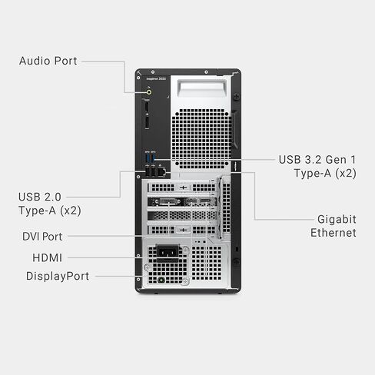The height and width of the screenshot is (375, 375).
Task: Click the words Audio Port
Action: (x=48, y=61)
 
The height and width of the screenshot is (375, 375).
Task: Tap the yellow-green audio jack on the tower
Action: (x=149, y=92)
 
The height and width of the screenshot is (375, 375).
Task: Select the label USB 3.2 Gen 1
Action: (x=317, y=160)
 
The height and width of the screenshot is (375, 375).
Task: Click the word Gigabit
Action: (x=337, y=219)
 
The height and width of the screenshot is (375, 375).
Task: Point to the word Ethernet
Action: (x=334, y=233)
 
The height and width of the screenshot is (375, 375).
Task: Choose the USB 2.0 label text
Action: (x=40, y=197)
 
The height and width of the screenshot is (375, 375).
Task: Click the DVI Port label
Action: (x=42, y=237)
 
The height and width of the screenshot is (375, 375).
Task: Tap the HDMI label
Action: (x=48, y=257)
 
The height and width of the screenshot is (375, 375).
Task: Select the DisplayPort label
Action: (x=58, y=276)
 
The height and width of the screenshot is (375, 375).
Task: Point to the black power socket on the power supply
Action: (x=168, y=252)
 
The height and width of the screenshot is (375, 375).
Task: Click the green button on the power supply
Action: (x=161, y=280)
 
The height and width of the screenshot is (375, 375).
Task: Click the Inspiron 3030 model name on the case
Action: (x=156, y=78)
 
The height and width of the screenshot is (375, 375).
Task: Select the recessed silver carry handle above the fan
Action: (x=202, y=88)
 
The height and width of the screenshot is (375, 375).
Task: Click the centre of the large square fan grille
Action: (x=201, y=139)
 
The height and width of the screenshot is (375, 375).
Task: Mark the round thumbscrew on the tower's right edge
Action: (x=237, y=97)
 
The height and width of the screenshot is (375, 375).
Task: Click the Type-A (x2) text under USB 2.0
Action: (x=50, y=211)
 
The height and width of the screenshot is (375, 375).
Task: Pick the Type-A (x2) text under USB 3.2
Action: (x=325, y=173)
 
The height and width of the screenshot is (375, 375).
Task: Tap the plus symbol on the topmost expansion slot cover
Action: (x=183, y=187)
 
